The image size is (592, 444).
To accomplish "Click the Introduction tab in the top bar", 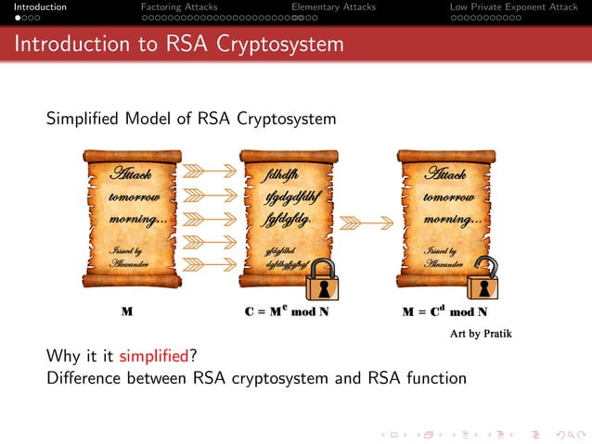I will click(33, 7).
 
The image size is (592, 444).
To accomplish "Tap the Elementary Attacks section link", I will click(333, 7).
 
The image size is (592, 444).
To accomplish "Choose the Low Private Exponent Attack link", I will click(513, 7).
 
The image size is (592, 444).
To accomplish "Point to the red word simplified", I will click(152, 357).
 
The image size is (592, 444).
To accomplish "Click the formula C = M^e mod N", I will click(288, 311).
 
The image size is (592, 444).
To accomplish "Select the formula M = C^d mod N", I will click(444, 311).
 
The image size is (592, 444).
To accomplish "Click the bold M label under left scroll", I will click(126, 312).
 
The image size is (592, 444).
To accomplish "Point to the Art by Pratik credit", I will click(481, 332).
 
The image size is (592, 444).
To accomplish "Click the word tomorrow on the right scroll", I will click(448, 197).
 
